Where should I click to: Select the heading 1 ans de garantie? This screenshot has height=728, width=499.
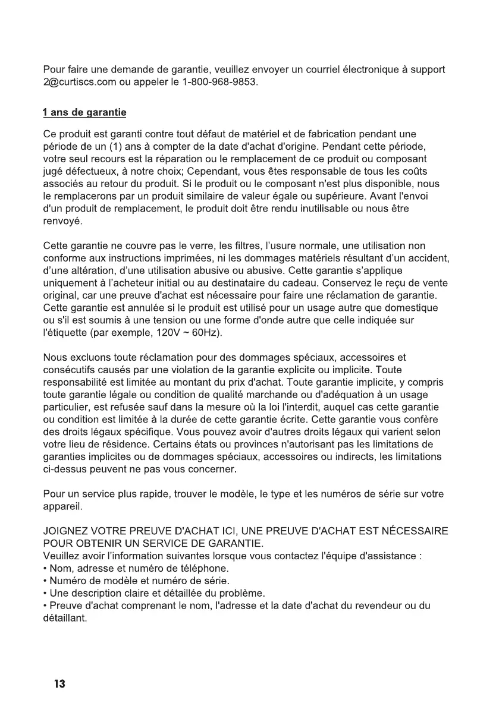(84, 112)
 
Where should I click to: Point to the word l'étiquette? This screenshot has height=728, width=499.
(66, 332)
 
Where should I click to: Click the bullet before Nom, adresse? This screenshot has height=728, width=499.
(46, 568)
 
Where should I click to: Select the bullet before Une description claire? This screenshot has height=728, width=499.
(46, 593)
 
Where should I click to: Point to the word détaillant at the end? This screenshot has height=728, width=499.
(65, 618)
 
